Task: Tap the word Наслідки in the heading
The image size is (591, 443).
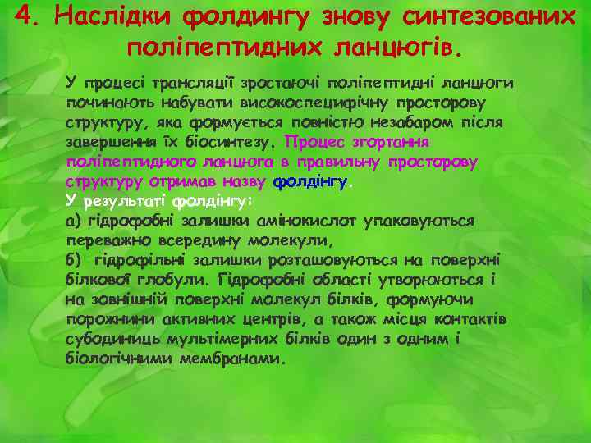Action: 106,16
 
